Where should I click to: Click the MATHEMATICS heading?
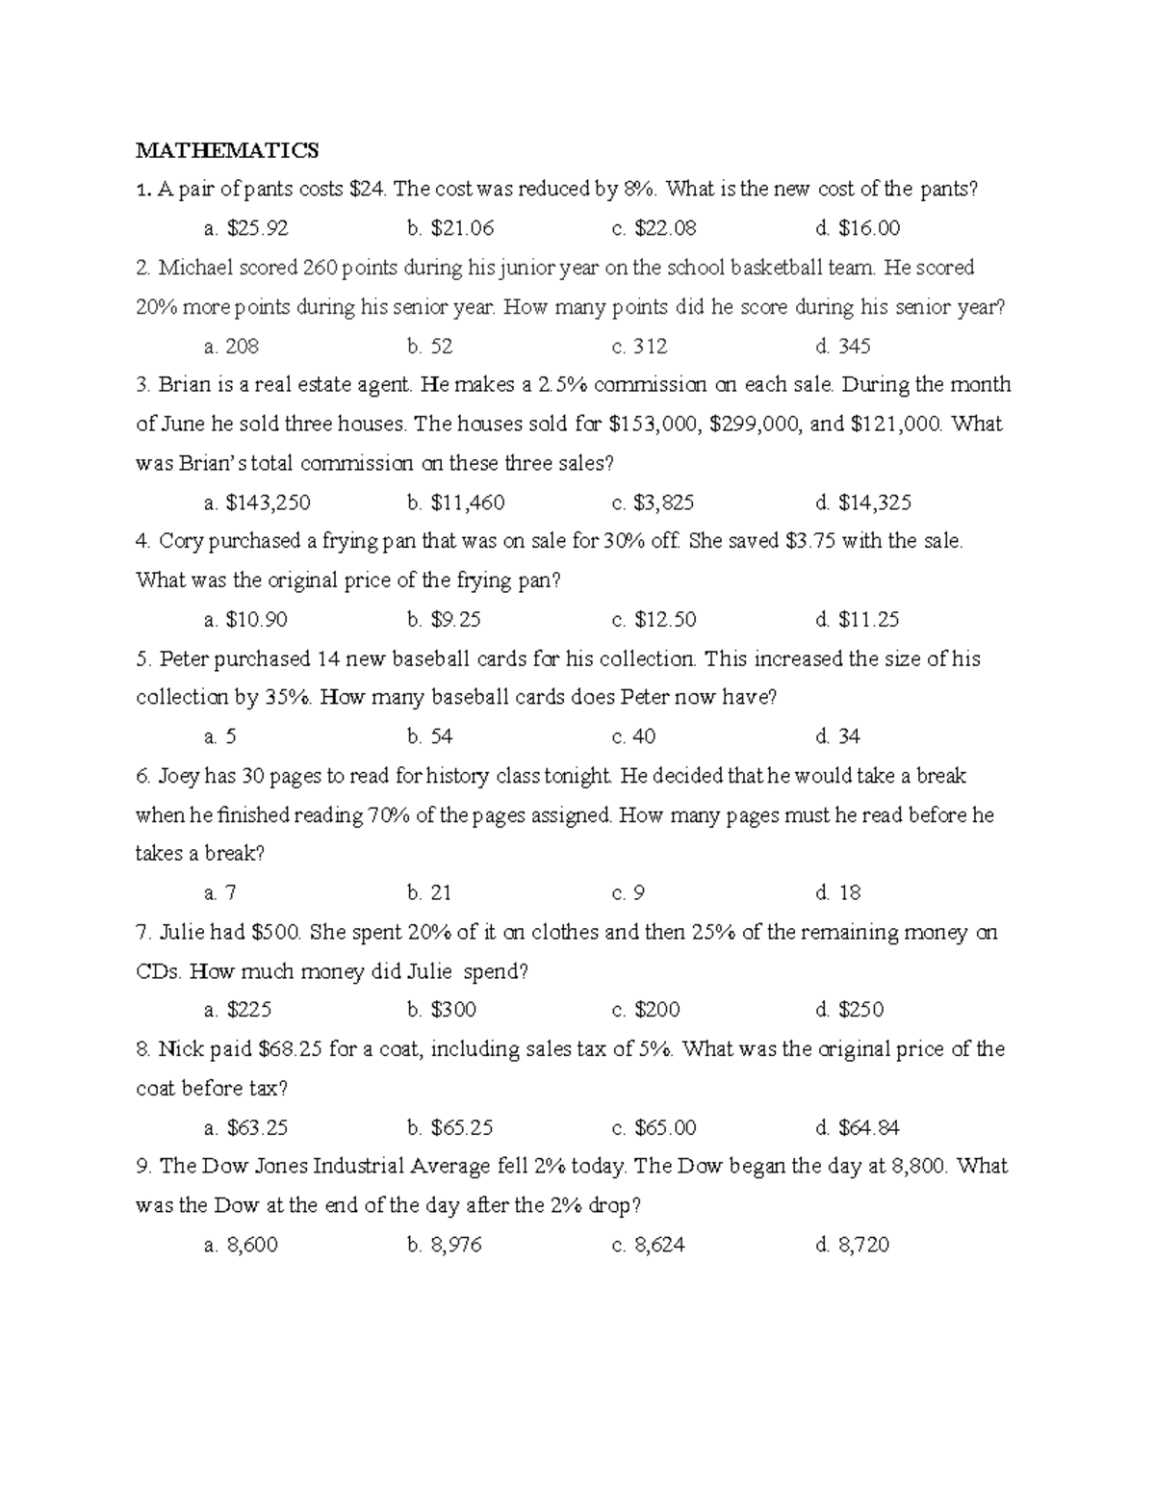(226, 150)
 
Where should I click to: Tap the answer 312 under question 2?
(640, 346)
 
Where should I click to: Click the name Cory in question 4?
(180, 541)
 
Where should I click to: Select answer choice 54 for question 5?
(430, 736)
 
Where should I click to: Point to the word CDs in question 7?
(159, 971)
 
